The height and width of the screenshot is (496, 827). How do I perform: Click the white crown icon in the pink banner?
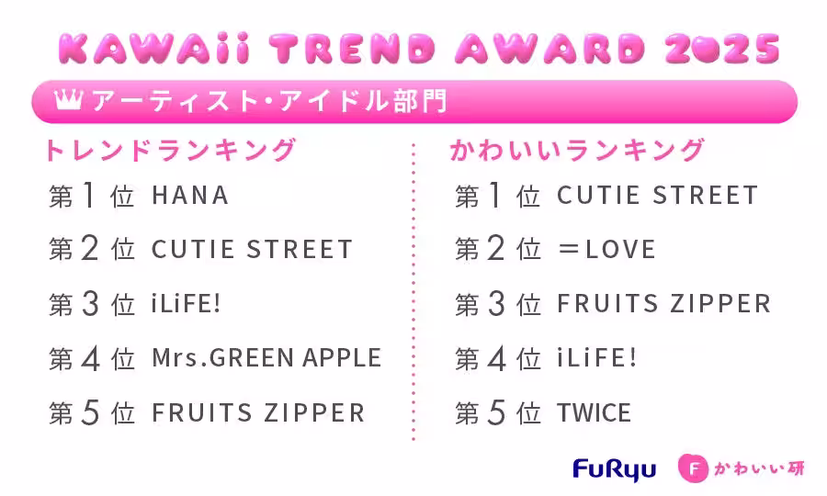click(69, 99)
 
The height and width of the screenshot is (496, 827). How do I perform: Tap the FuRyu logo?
click(615, 469)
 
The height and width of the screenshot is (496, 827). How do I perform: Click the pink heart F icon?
click(694, 468)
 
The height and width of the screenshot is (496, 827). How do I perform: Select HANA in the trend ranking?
click(190, 196)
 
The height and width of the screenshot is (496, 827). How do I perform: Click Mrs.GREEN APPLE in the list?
click(266, 357)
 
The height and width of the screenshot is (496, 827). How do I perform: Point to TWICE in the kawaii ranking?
click(594, 412)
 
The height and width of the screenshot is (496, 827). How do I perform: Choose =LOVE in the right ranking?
click(606, 249)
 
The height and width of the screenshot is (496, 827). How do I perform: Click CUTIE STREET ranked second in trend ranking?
click(252, 249)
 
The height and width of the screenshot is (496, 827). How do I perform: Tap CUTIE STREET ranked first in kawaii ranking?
click(658, 195)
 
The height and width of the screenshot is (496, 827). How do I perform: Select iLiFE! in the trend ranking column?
click(186, 304)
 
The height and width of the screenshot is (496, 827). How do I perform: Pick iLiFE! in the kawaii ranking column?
click(596, 358)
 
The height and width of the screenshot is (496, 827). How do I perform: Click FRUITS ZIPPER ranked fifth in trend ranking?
click(258, 412)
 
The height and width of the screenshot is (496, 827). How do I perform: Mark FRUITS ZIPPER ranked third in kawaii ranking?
click(664, 304)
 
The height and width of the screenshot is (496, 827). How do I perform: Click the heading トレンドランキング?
click(170, 151)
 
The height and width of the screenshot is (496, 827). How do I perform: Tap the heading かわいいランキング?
click(577, 151)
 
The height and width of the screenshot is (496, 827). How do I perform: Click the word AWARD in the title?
click(550, 49)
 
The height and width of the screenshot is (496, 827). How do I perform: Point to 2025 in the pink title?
click(722, 49)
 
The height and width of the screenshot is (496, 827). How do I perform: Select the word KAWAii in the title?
click(153, 49)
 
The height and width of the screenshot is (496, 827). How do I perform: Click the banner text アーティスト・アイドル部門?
click(269, 100)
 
